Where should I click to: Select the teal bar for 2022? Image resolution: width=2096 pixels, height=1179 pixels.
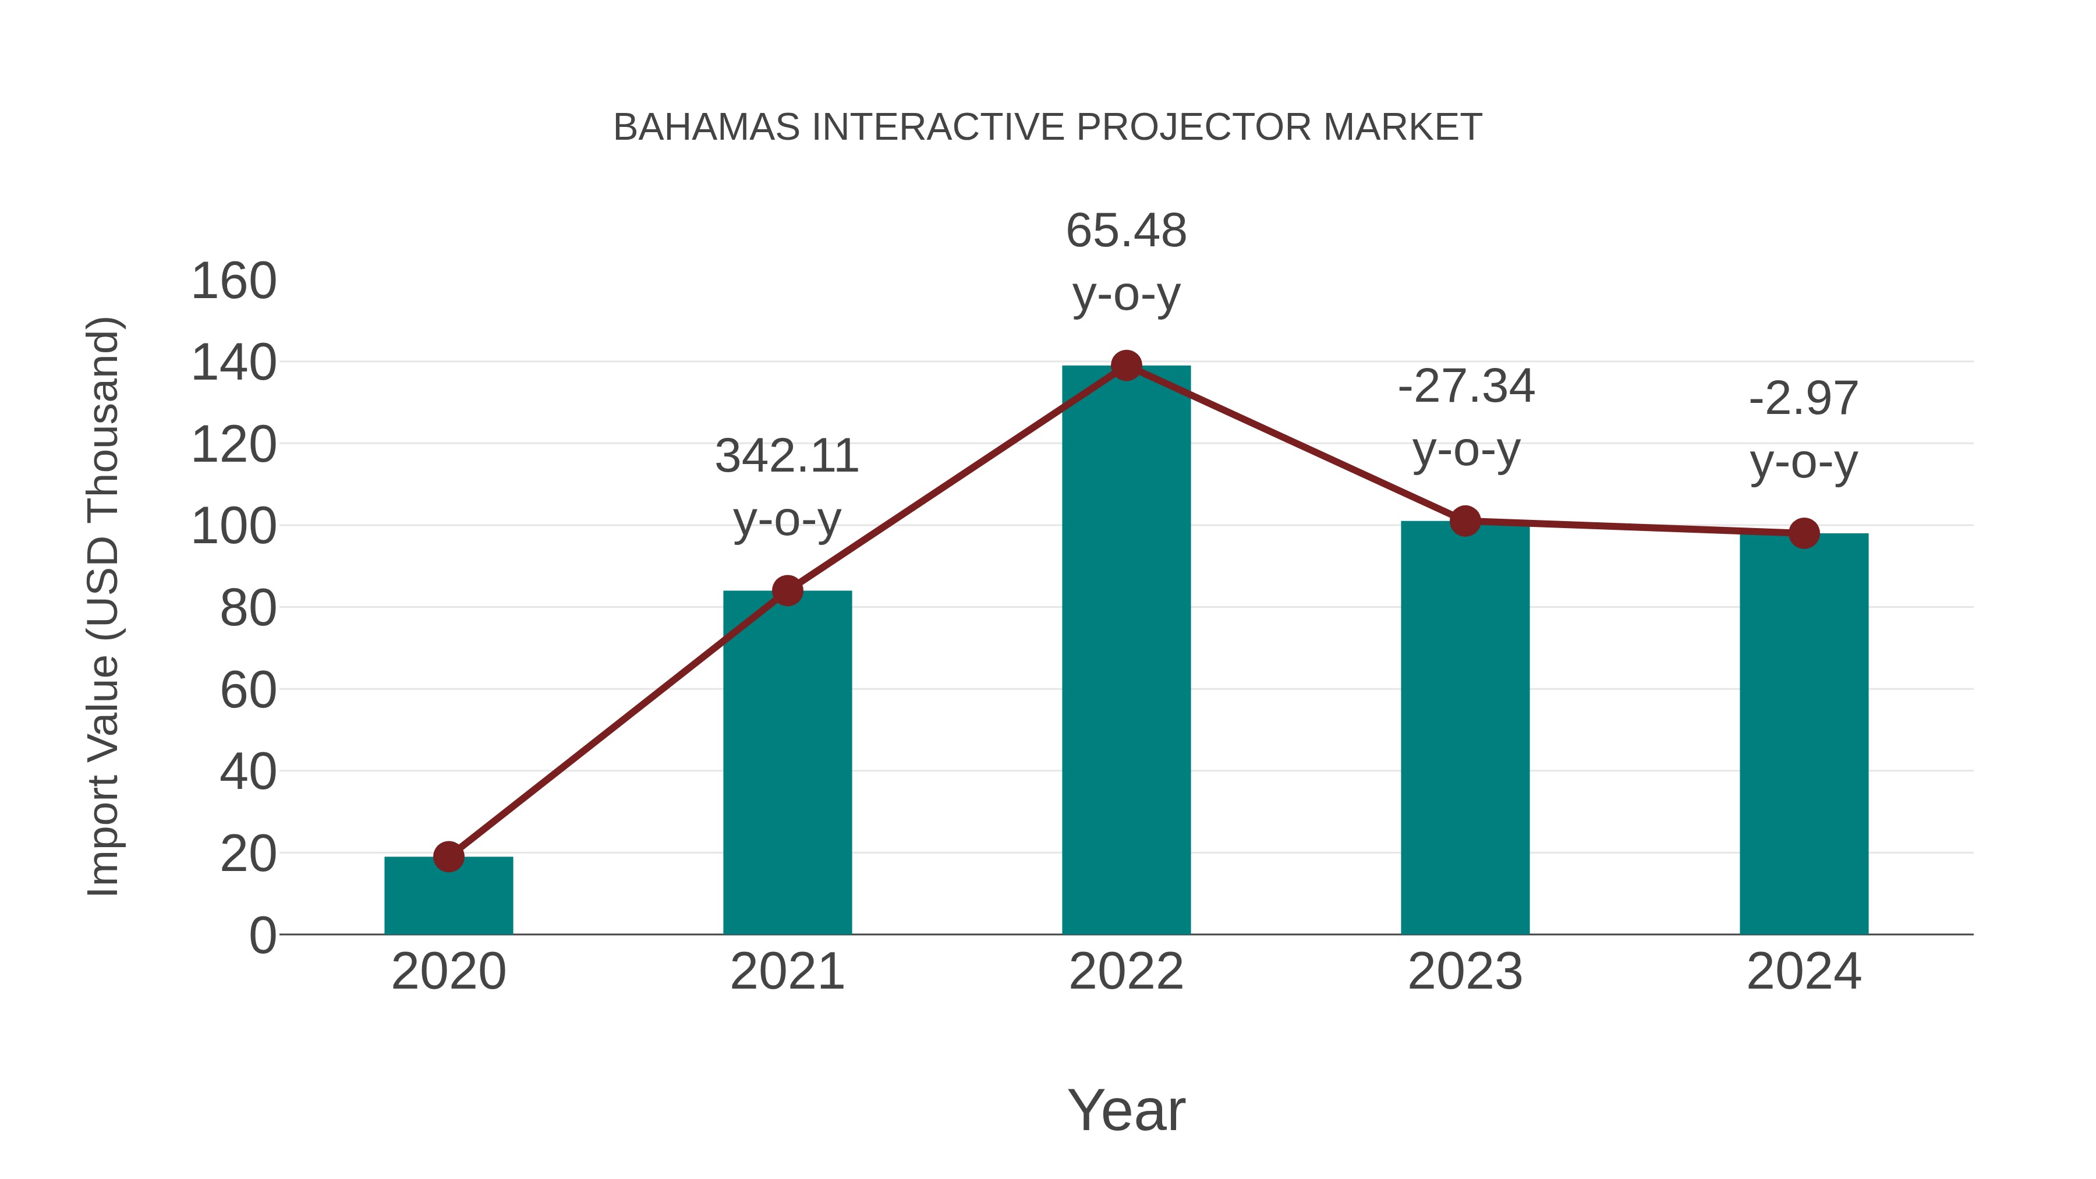pos(1126,651)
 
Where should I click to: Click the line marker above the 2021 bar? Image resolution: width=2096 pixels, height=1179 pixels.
pos(787,591)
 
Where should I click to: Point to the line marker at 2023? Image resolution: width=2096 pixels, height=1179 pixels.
pos(1465,521)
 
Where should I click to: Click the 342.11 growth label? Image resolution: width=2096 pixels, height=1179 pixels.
pos(787,456)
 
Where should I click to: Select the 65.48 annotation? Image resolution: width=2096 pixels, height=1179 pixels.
pos(1126,231)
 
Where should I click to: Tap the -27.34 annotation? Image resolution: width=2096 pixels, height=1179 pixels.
pos(1465,387)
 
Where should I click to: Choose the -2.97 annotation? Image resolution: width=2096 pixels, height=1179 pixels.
pos(1804,399)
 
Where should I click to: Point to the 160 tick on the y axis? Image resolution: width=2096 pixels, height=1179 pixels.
pos(233,282)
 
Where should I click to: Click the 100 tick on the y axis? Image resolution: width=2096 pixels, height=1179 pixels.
pos(233,526)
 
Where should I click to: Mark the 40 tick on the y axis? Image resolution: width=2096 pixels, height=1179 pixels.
pos(247,772)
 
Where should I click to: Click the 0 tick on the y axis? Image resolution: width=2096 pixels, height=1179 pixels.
pos(262,936)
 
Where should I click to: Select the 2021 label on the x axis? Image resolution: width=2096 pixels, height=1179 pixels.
pos(787,972)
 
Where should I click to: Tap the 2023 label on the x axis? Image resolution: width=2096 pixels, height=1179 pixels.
pos(1465,972)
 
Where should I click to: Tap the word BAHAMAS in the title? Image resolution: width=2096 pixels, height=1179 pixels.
pos(706,128)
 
